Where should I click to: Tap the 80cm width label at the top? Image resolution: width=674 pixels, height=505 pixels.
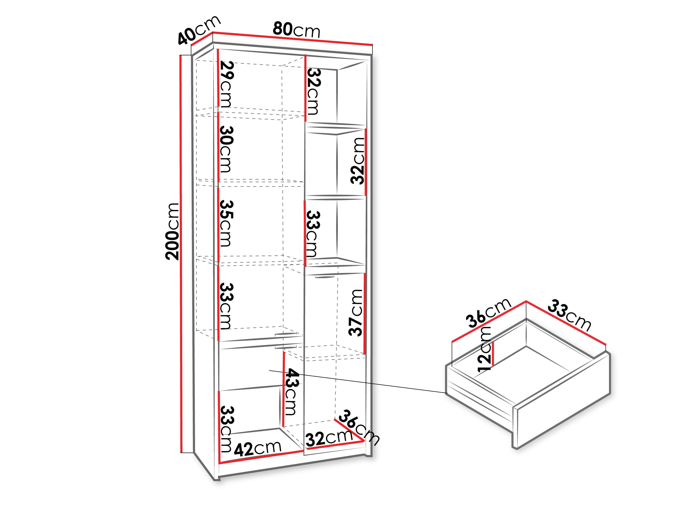[x=296, y=30]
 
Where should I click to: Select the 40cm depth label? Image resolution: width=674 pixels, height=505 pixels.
[x=199, y=29]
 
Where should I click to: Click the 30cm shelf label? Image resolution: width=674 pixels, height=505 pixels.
[x=226, y=149]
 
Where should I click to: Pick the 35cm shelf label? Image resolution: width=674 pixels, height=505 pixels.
[x=226, y=223]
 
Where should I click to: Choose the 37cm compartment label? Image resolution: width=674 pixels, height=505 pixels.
[x=356, y=313]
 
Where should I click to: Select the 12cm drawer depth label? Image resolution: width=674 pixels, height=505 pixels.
[x=484, y=349]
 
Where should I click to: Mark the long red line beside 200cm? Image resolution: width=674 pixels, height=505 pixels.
[x=181, y=254]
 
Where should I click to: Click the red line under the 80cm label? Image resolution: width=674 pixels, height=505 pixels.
[x=293, y=38]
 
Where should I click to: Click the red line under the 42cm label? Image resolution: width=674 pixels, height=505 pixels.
[x=261, y=457]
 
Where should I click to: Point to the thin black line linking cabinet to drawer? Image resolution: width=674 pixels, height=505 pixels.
[x=358, y=382]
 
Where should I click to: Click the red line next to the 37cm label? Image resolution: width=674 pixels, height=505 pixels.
[x=365, y=314]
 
